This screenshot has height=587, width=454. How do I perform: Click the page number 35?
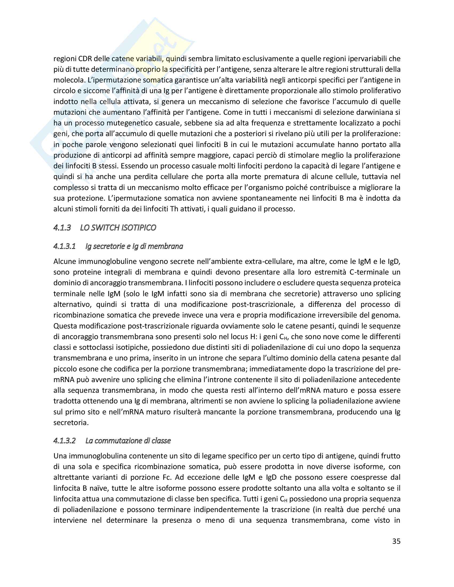[396, 541]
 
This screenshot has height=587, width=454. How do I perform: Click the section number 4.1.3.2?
[65, 441]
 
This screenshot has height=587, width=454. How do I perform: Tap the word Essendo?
[132, 166]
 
